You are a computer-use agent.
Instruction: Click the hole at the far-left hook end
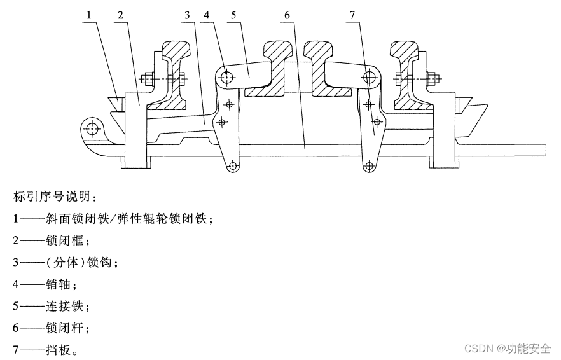click(93, 128)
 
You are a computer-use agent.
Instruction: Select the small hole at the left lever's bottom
click(233, 166)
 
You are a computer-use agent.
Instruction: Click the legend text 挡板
click(58, 350)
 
